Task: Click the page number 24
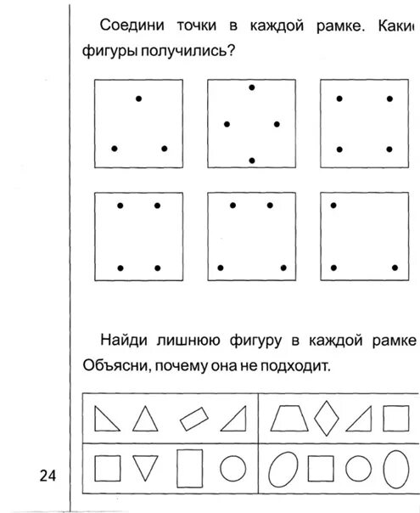click(x=46, y=476)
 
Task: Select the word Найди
click(x=125, y=341)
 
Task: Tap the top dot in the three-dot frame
click(x=138, y=99)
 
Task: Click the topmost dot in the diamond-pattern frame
click(x=251, y=87)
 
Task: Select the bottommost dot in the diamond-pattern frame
click(x=251, y=160)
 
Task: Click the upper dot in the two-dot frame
click(x=333, y=205)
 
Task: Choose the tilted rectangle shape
click(x=193, y=419)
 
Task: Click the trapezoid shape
click(x=289, y=419)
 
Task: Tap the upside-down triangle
click(x=147, y=468)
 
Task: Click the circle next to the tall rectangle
click(x=232, y=468)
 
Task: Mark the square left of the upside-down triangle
click(x=106, y=468)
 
